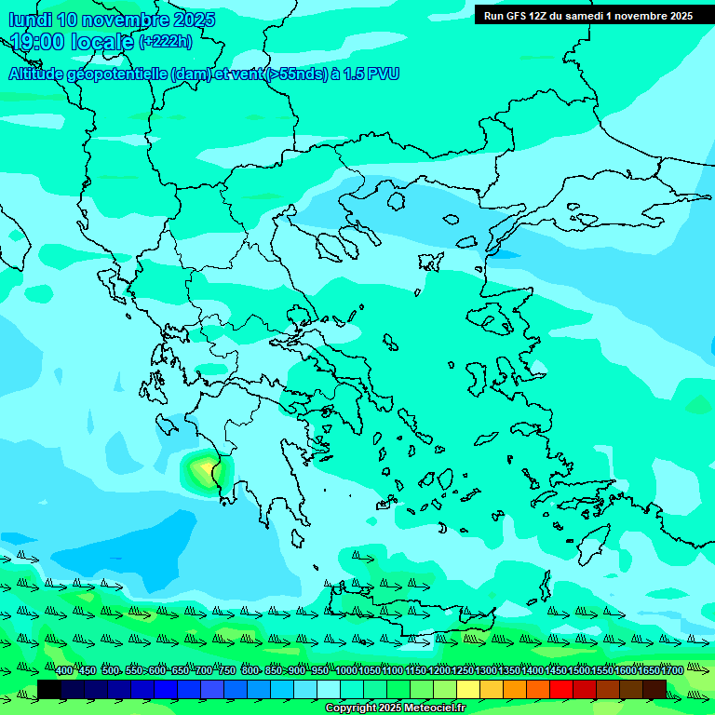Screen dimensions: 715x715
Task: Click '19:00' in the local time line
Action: (37, 41)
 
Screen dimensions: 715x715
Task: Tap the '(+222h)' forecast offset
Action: (166, 41)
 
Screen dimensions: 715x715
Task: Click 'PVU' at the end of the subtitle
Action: (382, 74)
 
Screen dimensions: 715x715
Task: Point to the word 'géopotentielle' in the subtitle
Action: (119, 74)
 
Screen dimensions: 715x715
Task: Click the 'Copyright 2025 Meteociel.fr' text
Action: (395, 708)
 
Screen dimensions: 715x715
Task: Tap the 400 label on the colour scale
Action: (64, 671)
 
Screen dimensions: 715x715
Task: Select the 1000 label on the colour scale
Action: (345, 671)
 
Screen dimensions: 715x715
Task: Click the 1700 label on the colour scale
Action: (672, 671)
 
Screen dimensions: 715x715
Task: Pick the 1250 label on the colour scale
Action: (463, 671)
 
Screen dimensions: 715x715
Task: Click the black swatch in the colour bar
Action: (49, 689)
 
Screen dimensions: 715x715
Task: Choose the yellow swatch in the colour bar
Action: (468, 689)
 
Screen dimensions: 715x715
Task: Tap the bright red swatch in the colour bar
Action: (561, 689)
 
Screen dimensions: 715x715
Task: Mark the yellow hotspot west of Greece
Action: (203, 465)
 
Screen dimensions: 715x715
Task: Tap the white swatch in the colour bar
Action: (329, 689)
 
